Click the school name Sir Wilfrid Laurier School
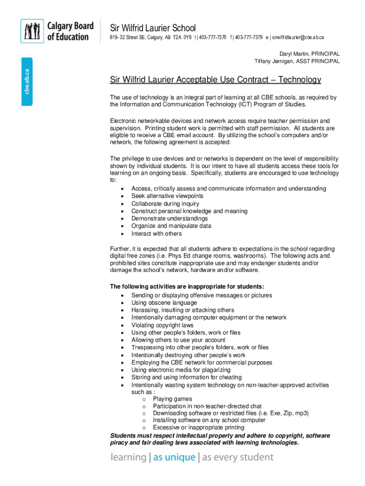click(x=153, y=28)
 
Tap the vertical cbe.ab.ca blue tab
click(x=27, y=81)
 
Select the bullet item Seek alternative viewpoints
click(x=167, y=196)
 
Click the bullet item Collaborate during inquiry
click(x=165, y=204)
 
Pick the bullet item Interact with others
click(x=156, y=234)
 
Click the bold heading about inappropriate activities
click(x=187, y=287)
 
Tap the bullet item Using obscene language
click(x=164, y=303)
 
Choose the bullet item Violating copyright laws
click(x=162, y=325)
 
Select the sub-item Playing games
click(x=172, y=399)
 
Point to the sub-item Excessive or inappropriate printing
click(x=198, y=428)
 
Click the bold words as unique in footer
click(x=174, y=458)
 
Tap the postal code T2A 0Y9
click(x=182, y=38)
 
